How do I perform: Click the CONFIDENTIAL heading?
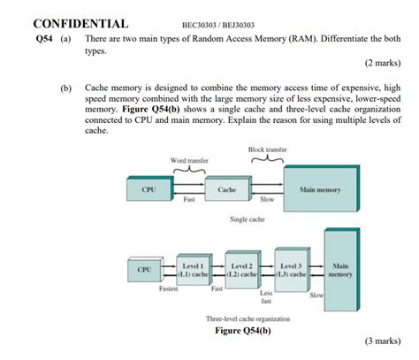(x=80, y=24)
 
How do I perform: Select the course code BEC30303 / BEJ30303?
(x=217, y=25)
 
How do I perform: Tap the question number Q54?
(x=45, y=40)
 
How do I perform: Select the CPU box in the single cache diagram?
(x=149, y=189)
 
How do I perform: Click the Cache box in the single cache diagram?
(x=225, y=189)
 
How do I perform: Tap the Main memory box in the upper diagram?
(x=318, y=189)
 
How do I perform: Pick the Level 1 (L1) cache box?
(x=193, y=269)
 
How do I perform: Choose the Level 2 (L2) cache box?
(x=241, y=269)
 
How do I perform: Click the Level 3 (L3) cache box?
(x=291, y=269)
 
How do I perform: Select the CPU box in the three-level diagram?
(x=144, y=268)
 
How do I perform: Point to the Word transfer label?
(x=188, y=160)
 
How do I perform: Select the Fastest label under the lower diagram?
(x=167, y=289)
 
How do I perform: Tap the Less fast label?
(x=265, y=296)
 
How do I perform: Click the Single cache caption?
(x=247, y=218)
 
